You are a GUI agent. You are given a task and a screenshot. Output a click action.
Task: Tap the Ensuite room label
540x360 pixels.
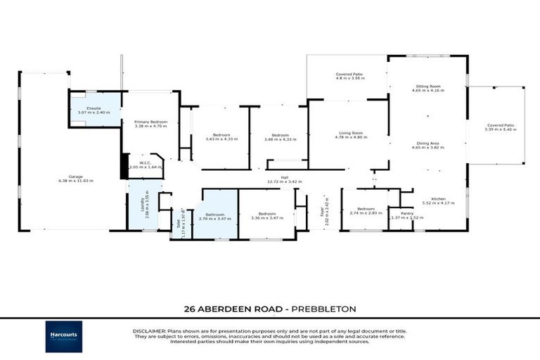click(x=94, y=109)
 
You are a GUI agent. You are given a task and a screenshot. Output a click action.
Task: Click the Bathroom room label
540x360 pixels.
click(x=214, y=214)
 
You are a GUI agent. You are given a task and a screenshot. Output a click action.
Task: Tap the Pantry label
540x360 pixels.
click(x=406, y=213)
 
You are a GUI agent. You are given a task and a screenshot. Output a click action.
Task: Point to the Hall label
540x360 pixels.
click(x=284, y=177)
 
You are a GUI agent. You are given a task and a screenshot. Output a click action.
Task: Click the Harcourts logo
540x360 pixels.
click(x=64, y=337)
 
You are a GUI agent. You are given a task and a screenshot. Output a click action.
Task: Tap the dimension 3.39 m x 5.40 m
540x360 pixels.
click(x=500, y=129)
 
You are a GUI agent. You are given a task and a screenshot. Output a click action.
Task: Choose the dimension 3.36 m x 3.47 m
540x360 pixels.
click(x=266, y=218)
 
